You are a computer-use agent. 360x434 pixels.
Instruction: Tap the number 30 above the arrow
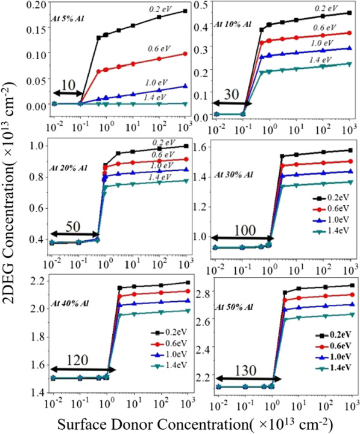[x=231, y=95]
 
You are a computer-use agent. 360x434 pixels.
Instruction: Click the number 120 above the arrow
[x=77, y=360]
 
